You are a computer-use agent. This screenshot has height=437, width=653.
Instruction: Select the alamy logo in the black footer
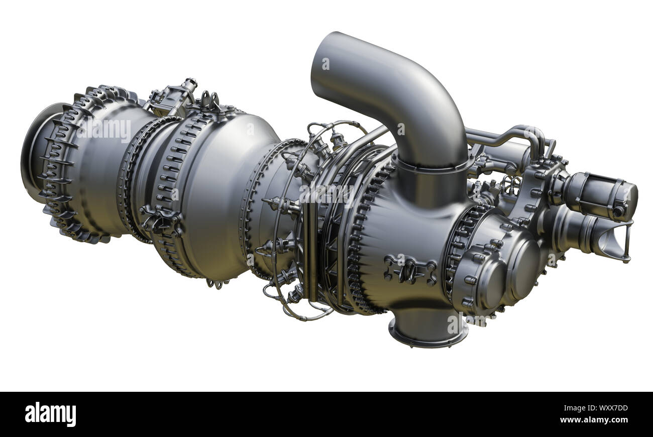tap(50, 414)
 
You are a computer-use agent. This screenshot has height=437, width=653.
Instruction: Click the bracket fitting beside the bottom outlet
tap(409, 269)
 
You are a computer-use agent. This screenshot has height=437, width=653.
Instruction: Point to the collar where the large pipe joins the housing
tap(432, 166)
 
